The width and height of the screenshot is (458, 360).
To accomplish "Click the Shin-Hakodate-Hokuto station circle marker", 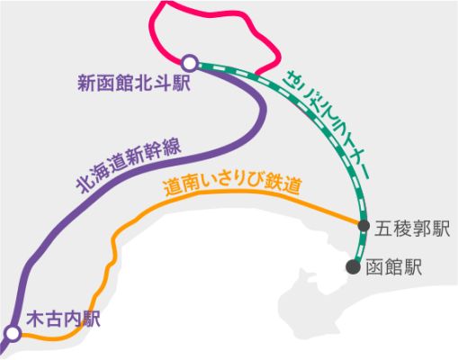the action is click(189, 63).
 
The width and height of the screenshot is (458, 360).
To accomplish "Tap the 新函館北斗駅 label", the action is click(134, 83).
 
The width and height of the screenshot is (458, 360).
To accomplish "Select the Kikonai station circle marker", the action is click(13, 334).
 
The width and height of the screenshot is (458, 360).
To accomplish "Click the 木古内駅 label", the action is click(63, 319).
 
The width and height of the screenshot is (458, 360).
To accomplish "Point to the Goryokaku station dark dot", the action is click(364, 226).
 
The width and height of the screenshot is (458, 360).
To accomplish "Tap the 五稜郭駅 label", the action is click(412, 229).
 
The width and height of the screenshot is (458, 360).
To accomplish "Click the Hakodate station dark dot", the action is click(353, 266).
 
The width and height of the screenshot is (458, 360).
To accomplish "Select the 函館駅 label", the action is click(394, 267).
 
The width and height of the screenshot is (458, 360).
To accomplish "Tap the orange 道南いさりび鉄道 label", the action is click(231, 186).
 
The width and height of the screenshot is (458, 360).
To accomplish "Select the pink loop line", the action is click(210, 13).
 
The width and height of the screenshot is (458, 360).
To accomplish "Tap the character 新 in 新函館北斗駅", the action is click(86, 83).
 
